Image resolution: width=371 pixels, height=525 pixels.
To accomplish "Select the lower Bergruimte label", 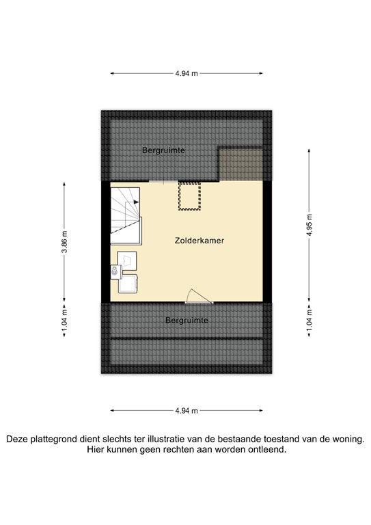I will [186, 319].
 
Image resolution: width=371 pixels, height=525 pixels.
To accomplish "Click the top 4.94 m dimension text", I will [186, 74].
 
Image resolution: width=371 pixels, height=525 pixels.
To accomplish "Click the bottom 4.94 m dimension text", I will [186, 410].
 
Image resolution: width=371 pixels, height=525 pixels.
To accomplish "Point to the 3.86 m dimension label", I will [64, 241].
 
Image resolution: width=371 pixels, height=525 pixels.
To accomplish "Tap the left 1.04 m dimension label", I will [64, 319].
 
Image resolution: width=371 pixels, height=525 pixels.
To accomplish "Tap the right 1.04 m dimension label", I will [310, 319].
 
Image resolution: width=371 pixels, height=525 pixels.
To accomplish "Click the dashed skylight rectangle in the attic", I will [186, 196].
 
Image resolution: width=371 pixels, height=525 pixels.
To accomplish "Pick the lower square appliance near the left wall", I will [128, 283].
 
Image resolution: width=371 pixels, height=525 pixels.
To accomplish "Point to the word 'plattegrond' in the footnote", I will [61, 440].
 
